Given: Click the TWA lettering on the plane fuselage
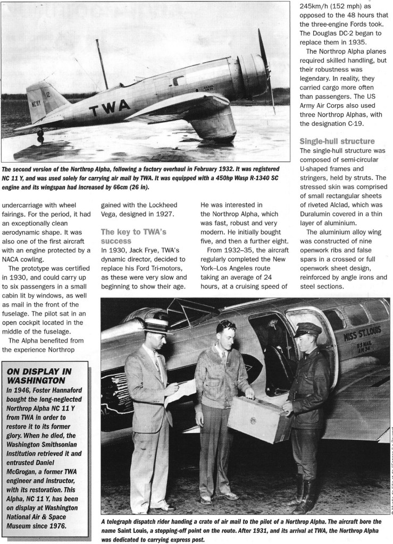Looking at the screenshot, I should point(110,108).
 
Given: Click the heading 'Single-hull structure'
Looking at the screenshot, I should point(337,141).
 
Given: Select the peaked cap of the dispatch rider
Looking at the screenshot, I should point(308,330).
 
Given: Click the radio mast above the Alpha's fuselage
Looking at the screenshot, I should point(102,64).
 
